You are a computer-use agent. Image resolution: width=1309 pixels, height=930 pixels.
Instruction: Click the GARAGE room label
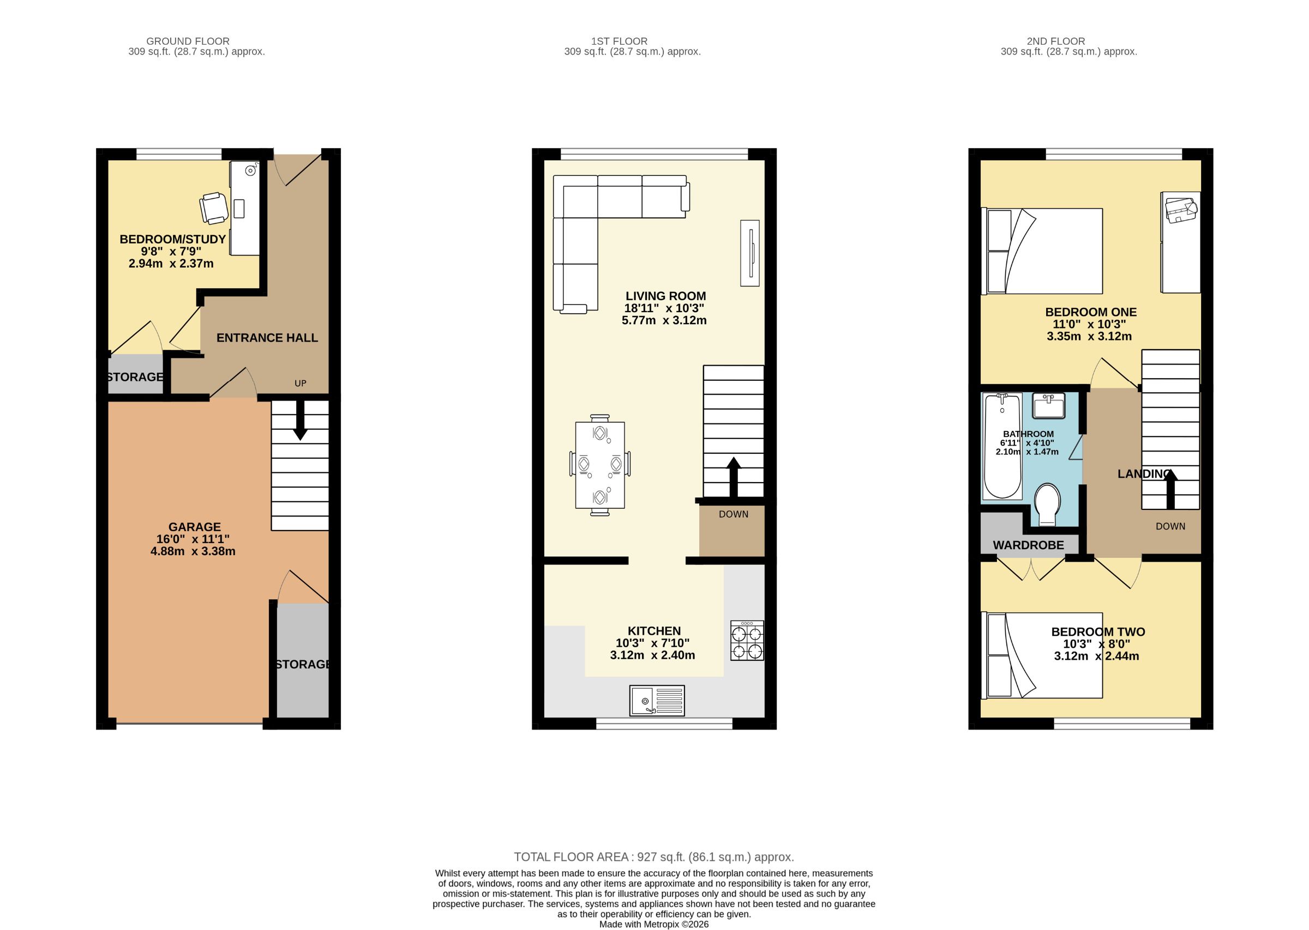194,527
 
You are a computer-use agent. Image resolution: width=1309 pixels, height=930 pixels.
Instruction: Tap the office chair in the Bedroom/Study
214,208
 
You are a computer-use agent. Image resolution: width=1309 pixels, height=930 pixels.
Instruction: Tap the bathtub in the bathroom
1002,446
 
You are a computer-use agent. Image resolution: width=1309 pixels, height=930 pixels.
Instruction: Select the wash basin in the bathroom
1048,405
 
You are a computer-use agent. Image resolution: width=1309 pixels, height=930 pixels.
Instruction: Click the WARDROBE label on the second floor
1028,545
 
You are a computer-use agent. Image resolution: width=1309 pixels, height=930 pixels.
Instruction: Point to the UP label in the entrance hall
301,383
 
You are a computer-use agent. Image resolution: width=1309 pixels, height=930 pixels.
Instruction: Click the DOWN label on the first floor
734,514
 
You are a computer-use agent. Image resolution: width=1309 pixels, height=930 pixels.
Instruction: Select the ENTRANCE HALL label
267,338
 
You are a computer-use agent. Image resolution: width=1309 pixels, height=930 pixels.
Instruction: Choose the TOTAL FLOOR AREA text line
653,858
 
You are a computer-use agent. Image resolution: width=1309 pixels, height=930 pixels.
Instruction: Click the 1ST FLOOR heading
619,41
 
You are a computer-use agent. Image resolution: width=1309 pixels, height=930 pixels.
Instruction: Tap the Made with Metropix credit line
653,924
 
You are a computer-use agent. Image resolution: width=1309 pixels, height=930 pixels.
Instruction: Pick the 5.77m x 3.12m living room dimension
664,321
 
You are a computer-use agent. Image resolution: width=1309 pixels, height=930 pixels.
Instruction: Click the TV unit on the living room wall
749,253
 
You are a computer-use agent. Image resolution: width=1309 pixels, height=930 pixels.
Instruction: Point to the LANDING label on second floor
1144,473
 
